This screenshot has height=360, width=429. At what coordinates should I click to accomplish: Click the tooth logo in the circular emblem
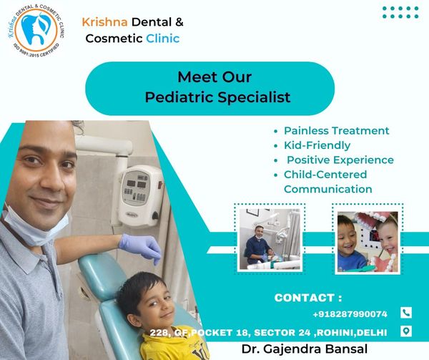pos(36,29)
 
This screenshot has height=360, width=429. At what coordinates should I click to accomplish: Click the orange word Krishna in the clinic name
pos(105,22)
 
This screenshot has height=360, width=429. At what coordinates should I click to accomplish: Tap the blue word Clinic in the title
pos(163,39)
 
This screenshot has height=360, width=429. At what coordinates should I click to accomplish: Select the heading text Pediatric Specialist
pos(218,97)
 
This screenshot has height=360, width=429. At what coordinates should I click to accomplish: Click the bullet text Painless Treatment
pos(337,130)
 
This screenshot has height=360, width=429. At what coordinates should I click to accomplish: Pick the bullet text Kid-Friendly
pos(317,145)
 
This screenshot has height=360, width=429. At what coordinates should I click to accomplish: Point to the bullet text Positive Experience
pos(340,160)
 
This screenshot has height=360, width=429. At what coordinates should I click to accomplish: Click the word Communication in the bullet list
pos(328,189)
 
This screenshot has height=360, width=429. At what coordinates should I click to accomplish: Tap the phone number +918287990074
pos(350,314)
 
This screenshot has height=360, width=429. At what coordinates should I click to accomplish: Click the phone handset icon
pos(406,313)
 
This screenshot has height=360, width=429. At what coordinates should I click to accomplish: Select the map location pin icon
pos(406,331)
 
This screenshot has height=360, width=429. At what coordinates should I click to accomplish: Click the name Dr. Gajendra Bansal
pos(305,349)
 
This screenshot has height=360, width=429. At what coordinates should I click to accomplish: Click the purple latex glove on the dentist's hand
pos(142,247)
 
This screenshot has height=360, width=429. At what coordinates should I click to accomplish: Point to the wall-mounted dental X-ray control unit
pos(140,195)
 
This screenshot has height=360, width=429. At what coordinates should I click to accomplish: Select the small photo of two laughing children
pos(368,242)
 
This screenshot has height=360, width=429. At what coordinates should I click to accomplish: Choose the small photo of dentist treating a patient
pos(270,239)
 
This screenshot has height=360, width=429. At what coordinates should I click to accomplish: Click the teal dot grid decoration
pos(400,12)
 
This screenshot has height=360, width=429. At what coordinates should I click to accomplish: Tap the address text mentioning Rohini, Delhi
pos(268,333)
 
